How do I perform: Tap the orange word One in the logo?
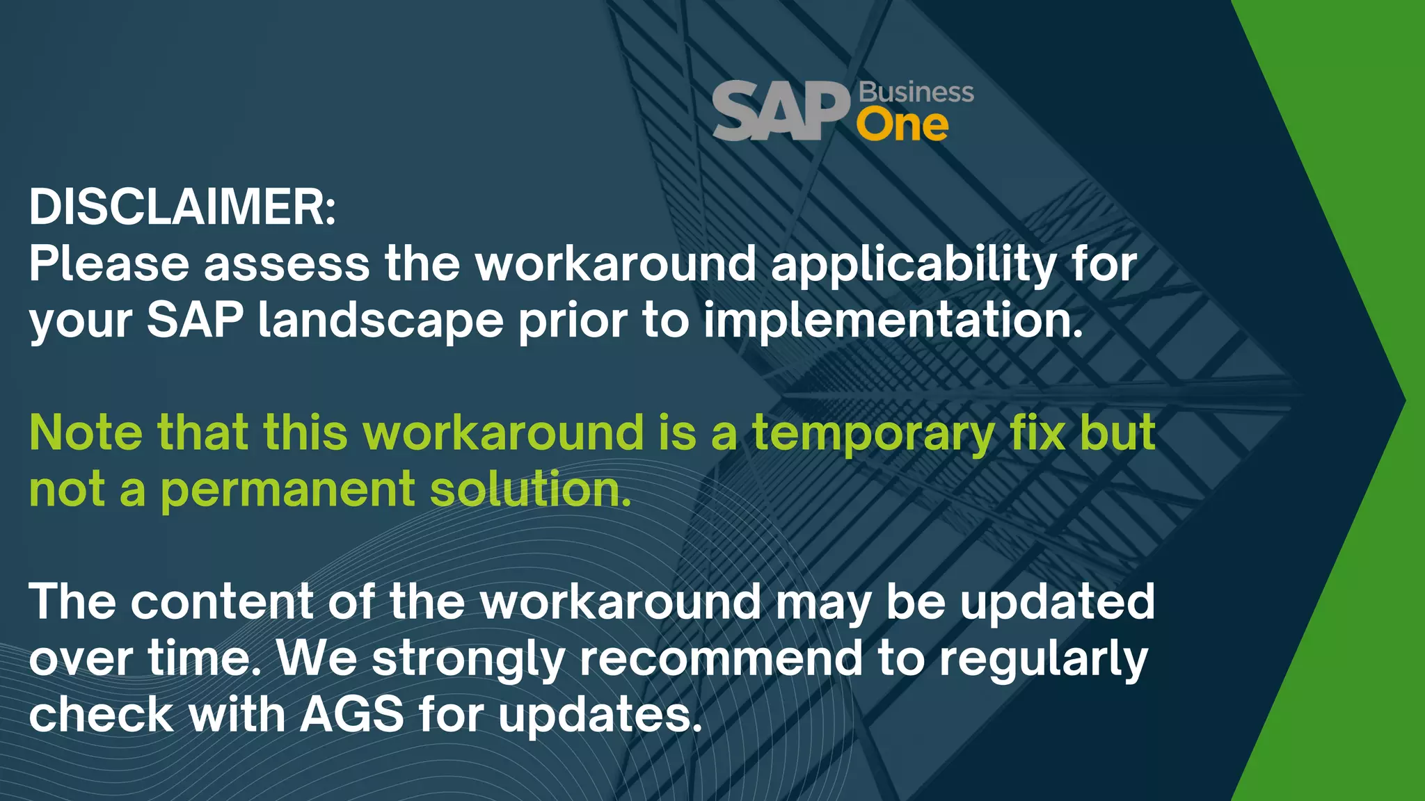point(902,126)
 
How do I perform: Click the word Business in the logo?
point(916,92)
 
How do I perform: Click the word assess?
point(287,264)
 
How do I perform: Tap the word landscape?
point(381,323)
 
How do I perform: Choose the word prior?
point(573,323)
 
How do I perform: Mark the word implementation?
point(893,323)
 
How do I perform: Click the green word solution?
point(530,489)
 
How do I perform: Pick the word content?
point(222,601)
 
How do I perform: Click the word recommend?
point(721,658)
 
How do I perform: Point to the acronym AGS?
point(352,715)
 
